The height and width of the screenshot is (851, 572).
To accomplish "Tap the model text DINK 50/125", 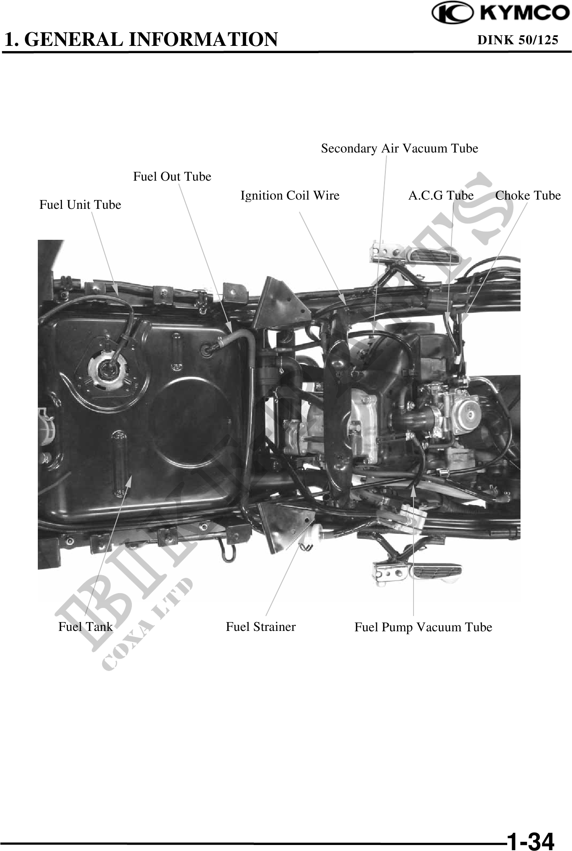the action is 518,40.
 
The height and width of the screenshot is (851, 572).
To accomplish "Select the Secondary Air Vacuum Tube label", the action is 399,149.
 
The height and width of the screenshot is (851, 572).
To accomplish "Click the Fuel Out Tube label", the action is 172,176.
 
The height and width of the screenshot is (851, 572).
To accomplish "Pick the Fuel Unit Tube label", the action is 80,205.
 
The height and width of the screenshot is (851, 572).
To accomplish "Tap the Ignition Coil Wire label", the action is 290,196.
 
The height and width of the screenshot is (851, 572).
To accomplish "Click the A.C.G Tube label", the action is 441,196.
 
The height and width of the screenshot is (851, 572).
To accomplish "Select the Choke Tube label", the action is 528,196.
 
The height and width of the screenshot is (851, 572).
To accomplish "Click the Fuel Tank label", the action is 85,626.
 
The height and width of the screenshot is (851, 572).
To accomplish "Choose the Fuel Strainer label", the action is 261,626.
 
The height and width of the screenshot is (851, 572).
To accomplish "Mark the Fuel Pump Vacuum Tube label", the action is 423,627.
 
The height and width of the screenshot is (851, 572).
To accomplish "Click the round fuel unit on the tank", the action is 108,368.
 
